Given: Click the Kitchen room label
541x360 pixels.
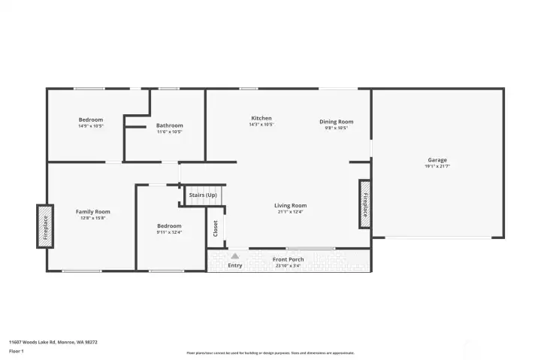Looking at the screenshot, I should pos(261,118).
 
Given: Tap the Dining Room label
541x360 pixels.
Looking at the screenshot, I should pos(336,122).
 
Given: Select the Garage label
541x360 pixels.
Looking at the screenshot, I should pos(437,160).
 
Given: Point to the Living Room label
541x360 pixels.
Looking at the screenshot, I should pos(290,205).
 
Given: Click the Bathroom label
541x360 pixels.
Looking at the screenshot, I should pos(169,126).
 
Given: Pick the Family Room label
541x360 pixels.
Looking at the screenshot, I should pos(92,212).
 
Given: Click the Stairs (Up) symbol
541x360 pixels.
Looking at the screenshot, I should pos(204,195).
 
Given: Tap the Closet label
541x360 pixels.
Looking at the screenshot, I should pos(216,227).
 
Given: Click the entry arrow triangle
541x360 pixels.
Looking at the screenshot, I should pos(235,256).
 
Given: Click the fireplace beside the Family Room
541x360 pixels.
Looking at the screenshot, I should pos(44,226).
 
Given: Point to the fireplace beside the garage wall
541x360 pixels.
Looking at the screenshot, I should pos(365,204).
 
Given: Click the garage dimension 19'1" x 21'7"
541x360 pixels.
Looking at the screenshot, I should pos(437,166).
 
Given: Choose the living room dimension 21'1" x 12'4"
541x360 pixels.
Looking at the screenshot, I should pos(290,211).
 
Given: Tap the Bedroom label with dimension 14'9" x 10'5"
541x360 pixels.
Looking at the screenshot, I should pos(91,119).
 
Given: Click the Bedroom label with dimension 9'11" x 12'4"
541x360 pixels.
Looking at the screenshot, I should pos(169,225).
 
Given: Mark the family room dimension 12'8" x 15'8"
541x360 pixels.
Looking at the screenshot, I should pos(92,218).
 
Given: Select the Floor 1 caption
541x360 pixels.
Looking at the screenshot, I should pos(17,351).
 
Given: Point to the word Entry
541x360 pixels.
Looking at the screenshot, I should pos(235,265).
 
